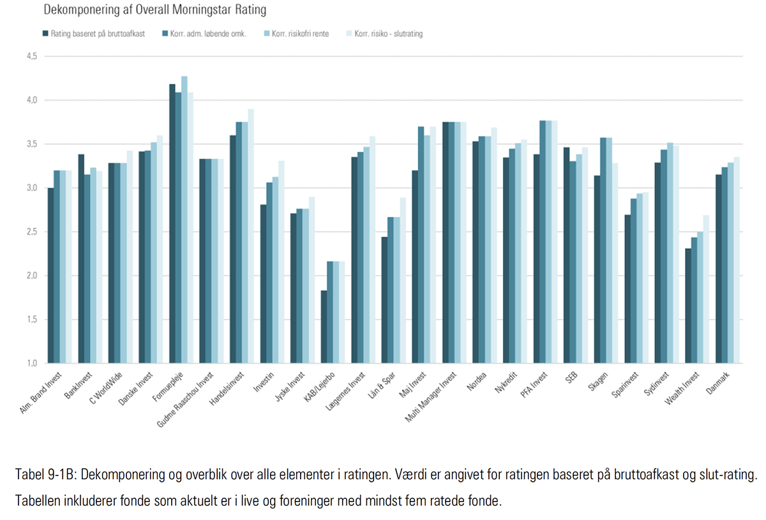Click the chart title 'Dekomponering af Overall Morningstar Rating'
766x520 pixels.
click(x=154, y=10)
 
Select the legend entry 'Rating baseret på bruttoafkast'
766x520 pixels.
click(x=97, y=33)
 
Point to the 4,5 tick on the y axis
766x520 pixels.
click(x=31, y=56)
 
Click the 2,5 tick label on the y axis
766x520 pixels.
click(x=31, y=232)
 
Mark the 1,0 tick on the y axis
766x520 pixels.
click(x=31, y=364)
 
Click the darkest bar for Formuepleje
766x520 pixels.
click(x=172, y=223)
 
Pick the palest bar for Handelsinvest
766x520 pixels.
click(x=251, y=236)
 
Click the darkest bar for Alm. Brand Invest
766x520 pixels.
click(x=50, y=276)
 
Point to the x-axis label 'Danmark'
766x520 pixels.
click(x=717, y=382)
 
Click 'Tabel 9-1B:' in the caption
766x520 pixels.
click(x=45, y=475)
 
